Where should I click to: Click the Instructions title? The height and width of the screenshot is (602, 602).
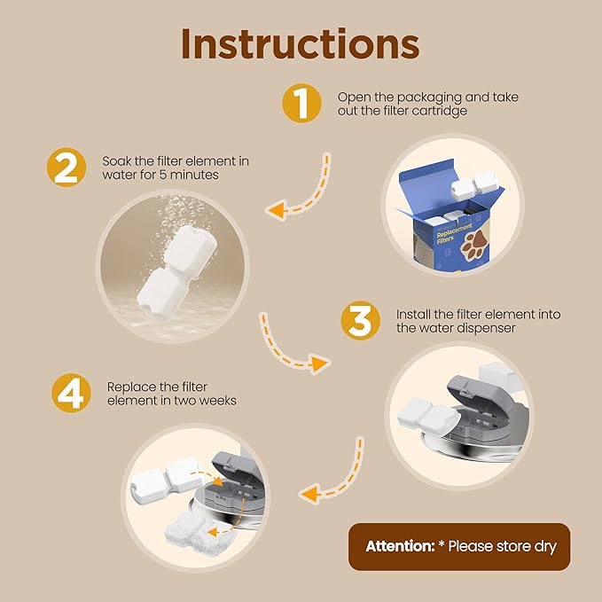click(x=301, y=44)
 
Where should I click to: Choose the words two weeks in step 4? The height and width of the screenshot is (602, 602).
click(x=212, y=401)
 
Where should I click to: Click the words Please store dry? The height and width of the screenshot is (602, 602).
click(x=502, y=546)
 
